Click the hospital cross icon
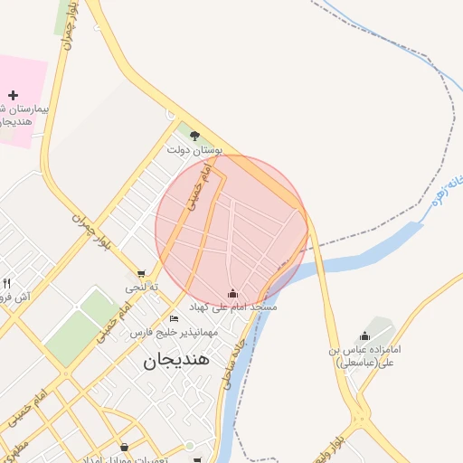(13, 94)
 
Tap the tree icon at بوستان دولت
(194, 136)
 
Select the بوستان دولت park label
(195, 149)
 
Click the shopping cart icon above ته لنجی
(141, 273)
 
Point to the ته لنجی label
(141, 287)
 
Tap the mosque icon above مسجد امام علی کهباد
(232, 293)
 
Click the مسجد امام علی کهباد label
(232, 307)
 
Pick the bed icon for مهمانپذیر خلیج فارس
(174, 319)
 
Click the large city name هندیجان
(176, 359)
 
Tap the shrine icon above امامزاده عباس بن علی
(364, 335)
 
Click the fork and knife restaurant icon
(7, 284)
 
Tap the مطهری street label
(14, 443)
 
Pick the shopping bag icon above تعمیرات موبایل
(124, 447)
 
